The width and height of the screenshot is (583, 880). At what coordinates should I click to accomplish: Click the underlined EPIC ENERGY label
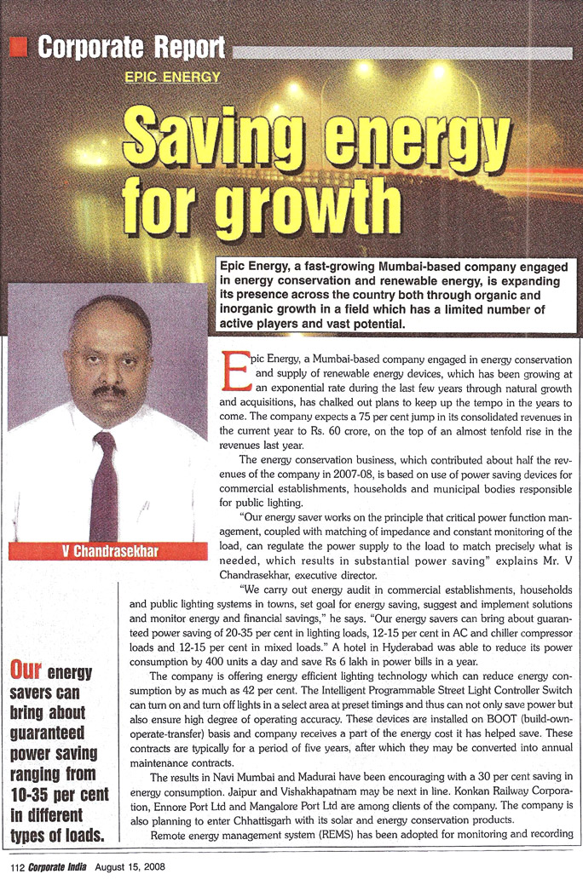[x=172, y=77]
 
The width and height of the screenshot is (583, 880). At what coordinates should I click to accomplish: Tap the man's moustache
[x=108, y=391]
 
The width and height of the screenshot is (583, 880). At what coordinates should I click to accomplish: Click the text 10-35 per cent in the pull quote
[x=60, y=794]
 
